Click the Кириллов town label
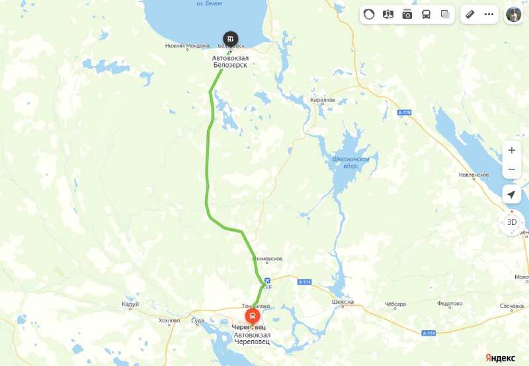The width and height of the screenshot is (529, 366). click(323, 100)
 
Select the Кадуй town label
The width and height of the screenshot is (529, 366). click(131, 304)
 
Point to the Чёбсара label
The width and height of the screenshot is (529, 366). click(395, 304)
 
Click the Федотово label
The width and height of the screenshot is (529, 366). click(450, 304)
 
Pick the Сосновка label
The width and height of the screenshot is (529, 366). click(512, 306)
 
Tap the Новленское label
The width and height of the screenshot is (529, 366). click(473, 175)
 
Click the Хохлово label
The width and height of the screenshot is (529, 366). click(169, 321)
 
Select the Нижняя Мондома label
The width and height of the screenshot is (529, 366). click(188, 46)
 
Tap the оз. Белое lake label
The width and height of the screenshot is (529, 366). click(209, 3)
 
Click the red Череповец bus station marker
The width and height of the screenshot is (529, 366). click(253, 317)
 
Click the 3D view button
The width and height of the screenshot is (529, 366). click(512, 222)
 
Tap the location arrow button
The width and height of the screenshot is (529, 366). click(511, 194)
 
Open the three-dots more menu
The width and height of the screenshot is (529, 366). click(489, 14)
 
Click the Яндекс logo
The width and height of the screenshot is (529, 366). click(501, 357)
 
